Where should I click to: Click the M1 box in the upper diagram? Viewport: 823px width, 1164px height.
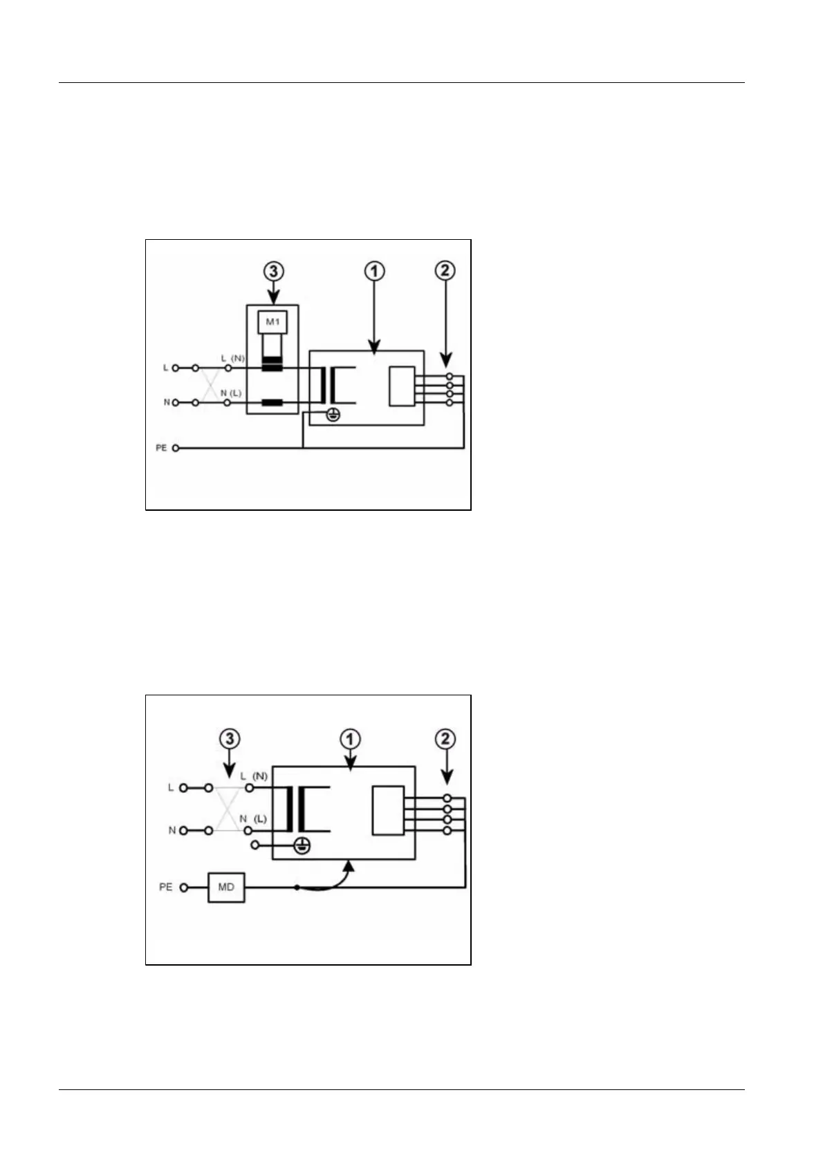(272, 322)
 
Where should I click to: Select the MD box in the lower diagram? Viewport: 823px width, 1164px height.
(226, 887)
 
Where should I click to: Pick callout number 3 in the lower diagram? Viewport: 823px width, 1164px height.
(230, 739)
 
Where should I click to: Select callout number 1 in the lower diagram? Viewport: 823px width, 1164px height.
(351, 739)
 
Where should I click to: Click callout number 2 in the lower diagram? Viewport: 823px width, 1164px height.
(445, 739)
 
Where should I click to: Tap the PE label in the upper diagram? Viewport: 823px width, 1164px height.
(161, 448)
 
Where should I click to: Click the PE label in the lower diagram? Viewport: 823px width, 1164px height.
(166, 887)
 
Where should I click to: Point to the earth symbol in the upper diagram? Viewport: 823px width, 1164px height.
(332, 414)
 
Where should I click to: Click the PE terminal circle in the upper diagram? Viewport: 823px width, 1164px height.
(176, 448)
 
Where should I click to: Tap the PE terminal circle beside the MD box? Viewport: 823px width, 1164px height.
(184, 888)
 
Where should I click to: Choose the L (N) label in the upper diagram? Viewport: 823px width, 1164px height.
(233, 358)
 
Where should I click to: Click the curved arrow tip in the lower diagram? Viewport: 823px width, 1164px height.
(350, 863)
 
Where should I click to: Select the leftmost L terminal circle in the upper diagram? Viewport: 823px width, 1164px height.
(176, 368)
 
